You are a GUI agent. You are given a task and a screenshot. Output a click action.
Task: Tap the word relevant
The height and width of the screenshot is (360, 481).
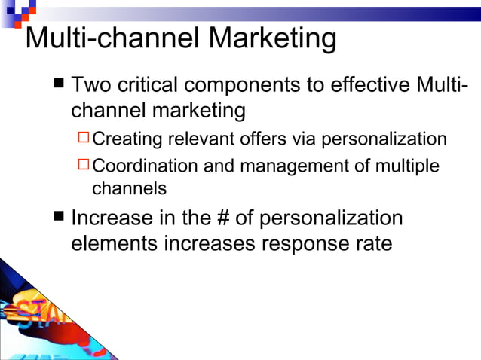point(198,139)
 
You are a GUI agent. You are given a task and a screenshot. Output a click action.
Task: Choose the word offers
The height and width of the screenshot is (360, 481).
point(261,139)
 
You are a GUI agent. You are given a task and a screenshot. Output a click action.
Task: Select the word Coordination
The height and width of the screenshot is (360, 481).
point(146,165)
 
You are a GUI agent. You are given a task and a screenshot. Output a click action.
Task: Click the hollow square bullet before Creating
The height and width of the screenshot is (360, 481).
point(84,139)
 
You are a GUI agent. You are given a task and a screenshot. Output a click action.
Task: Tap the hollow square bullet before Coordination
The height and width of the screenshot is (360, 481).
point(84,164)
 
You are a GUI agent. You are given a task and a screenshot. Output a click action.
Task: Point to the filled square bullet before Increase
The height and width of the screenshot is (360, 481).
point(60,218)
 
